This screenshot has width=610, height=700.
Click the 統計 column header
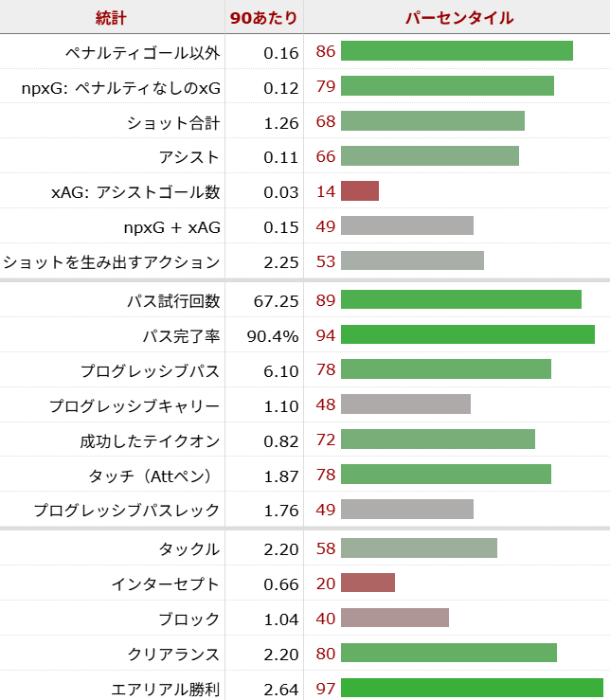point(111,18)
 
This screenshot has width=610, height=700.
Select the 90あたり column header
point(264,18)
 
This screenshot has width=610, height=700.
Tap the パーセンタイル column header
point(458,18)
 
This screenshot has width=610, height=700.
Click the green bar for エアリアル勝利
point(472,689)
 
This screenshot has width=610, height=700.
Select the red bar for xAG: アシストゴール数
point(360,191)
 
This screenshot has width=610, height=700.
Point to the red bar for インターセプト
point(368,583)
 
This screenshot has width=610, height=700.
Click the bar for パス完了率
point(468,335)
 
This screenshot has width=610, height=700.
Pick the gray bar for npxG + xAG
point(407,226)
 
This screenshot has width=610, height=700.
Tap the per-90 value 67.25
point(277,300)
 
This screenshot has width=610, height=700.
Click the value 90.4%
point(275,335)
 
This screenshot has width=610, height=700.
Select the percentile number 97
point(326,689)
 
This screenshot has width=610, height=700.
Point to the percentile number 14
point(326,191)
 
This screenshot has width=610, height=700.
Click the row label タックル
point(190,548)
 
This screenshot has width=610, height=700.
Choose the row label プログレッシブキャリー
point(135,405)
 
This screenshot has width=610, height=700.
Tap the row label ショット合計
point(173,122)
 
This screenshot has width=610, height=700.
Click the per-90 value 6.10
point(281,370)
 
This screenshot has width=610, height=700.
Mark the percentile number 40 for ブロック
point(326,619)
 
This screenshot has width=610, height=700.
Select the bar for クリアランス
point(449,654)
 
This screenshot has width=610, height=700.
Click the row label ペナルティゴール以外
point(142,52)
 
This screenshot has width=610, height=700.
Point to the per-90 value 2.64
point(281,689)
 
